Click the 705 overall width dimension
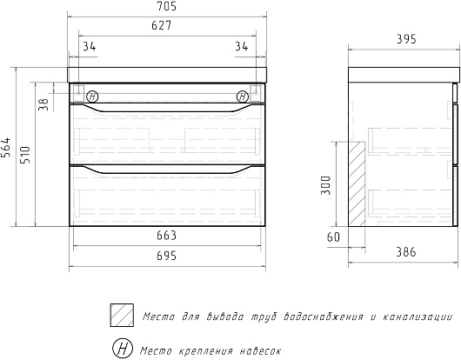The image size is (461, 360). pos(166,6)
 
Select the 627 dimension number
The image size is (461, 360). pos(162,25)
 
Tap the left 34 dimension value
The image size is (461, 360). pos(89,46)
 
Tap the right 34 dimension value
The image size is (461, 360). pos(242,46)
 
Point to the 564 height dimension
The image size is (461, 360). pos(6,147)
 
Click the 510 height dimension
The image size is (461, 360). pos(25,155)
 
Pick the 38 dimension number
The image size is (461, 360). pos(43,104)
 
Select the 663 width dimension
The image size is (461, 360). pos(166,236)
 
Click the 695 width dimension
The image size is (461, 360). pos(166,256)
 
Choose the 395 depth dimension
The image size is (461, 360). pos(406,39)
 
